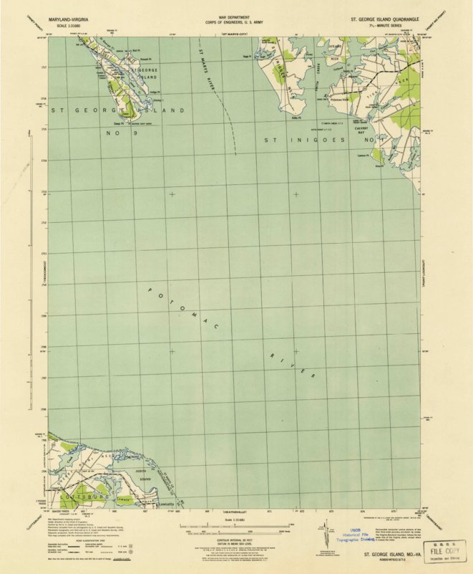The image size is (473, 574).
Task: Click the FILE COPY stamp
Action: (x=441, y=553)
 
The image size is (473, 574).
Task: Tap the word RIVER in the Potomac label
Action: (x=293, y=365)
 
